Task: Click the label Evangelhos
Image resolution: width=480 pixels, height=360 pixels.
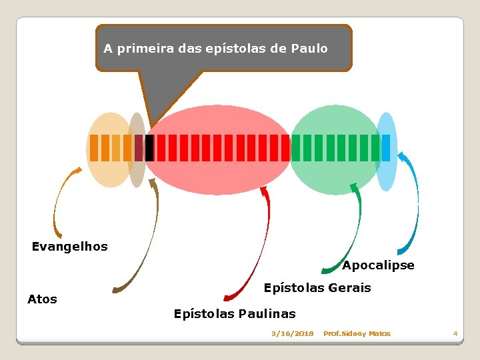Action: [x=70, y=247]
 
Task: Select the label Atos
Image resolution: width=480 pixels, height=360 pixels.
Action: [x=42, y=299]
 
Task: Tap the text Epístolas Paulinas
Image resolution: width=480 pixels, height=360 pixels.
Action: [x=235, y=313]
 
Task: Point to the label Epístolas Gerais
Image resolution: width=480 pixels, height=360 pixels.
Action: [x=317, y=288]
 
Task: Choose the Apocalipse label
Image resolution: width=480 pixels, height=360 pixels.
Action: [x=378, y=265]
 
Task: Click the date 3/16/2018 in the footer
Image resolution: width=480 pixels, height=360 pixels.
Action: [x=292, y=333]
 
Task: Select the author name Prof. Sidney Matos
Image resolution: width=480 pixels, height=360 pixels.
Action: [x=357, y=333]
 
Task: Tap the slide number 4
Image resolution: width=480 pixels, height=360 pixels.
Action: [x=455, y=333]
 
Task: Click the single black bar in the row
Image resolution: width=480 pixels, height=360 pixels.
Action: [x=149, y=148]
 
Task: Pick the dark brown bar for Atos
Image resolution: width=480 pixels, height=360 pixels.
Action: [x=139, y=148]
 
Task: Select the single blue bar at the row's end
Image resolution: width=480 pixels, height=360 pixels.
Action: [x=386, y=148]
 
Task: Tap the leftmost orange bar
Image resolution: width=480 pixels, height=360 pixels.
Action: [x=94, y=148]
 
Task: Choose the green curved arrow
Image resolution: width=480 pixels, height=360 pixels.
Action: [x=353, y=233]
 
